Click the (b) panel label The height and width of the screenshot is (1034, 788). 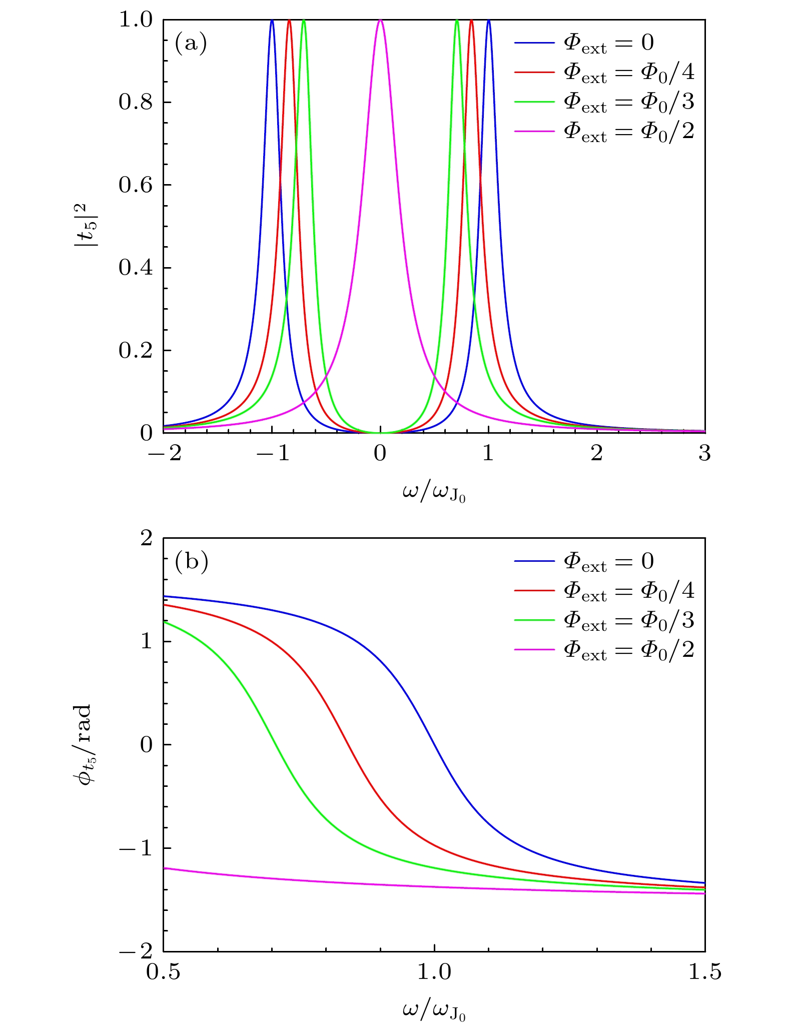click(x=191, y=562)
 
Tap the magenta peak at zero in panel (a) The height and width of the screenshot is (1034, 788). click(x=380, y=21)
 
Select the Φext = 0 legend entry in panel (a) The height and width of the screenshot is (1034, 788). click(x=583, y=43)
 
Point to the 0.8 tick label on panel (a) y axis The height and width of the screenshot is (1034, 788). click(x=135, y=102)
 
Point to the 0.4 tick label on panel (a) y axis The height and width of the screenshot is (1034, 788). click(x=135, y=268)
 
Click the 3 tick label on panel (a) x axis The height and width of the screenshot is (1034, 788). click(x=704, y=454)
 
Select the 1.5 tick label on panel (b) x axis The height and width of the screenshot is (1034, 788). click(x=704, y=972)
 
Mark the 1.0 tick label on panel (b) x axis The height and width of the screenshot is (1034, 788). click(x=434, y=972)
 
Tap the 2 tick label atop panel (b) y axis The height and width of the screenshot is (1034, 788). click(x=146, y=538)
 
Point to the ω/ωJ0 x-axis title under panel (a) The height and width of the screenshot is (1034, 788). click(x=434, y=493)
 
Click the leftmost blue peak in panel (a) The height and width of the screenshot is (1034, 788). click(x=272, y=21)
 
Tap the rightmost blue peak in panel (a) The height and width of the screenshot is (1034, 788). click(x=488, y=21)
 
